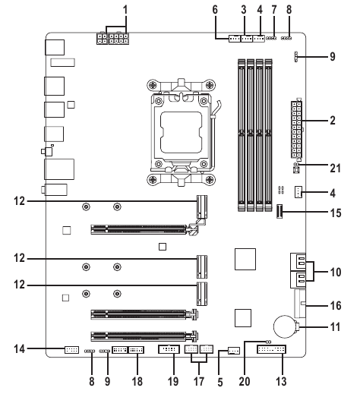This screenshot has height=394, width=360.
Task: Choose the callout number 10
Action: (333, 269)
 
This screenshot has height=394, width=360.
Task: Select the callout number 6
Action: (216, 10)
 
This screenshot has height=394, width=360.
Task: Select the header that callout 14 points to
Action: (71, 350)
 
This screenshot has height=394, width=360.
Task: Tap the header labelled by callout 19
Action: (169, 350)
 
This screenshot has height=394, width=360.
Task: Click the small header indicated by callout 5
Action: (233, 351)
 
